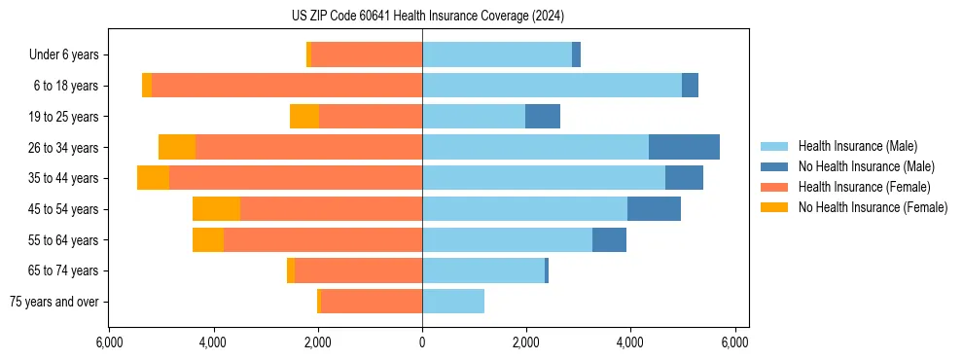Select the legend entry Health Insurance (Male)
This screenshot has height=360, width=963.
tap(857, 146)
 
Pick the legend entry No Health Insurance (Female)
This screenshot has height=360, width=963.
tap(873, 207)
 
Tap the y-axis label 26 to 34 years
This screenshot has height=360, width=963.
tap(64, 148)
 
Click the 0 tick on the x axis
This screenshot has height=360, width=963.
tap(422, 342)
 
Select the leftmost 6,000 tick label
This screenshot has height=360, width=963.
tap(109, 342)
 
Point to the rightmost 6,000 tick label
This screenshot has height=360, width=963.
tap(734, 342)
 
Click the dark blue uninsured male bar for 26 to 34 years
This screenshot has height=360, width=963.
tap(684, 147)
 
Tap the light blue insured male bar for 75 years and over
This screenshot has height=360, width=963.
tap(453, 302)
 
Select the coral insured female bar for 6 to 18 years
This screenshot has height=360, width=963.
tap(287, 86)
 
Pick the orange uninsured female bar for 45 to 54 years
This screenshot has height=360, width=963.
tap(216, 209)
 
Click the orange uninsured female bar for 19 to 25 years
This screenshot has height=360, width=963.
tap(304, 117)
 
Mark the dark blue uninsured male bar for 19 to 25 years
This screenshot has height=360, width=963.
tap(543, 117)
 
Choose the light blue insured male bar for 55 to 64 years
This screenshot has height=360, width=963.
tap(507, 239)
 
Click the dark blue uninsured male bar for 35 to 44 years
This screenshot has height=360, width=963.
tap(684, 178)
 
